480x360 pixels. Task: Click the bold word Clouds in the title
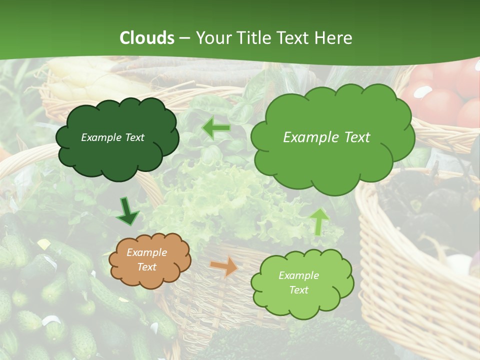pos(147,38)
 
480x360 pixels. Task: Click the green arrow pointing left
pos(216,128)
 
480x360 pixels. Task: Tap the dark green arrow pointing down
pos(128,212)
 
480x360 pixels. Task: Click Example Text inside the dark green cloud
pos(112,137)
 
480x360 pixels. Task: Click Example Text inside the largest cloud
pos(326,137)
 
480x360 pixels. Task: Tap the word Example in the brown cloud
pos(146,252)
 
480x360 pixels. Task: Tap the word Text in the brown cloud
pos(147,267)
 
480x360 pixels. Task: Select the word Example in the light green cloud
pos(298,275)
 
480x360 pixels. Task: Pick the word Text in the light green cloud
pos(299,290)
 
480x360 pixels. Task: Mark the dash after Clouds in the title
pos(185,38)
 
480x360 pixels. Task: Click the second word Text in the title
pos(296,38)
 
